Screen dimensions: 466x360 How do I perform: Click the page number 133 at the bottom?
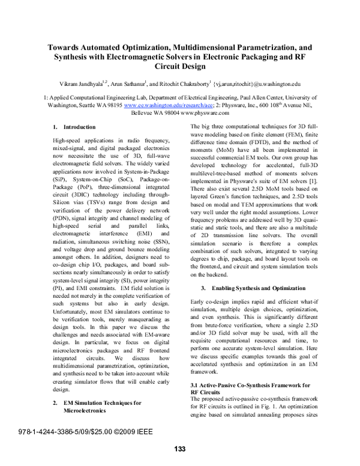point(180,449)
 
